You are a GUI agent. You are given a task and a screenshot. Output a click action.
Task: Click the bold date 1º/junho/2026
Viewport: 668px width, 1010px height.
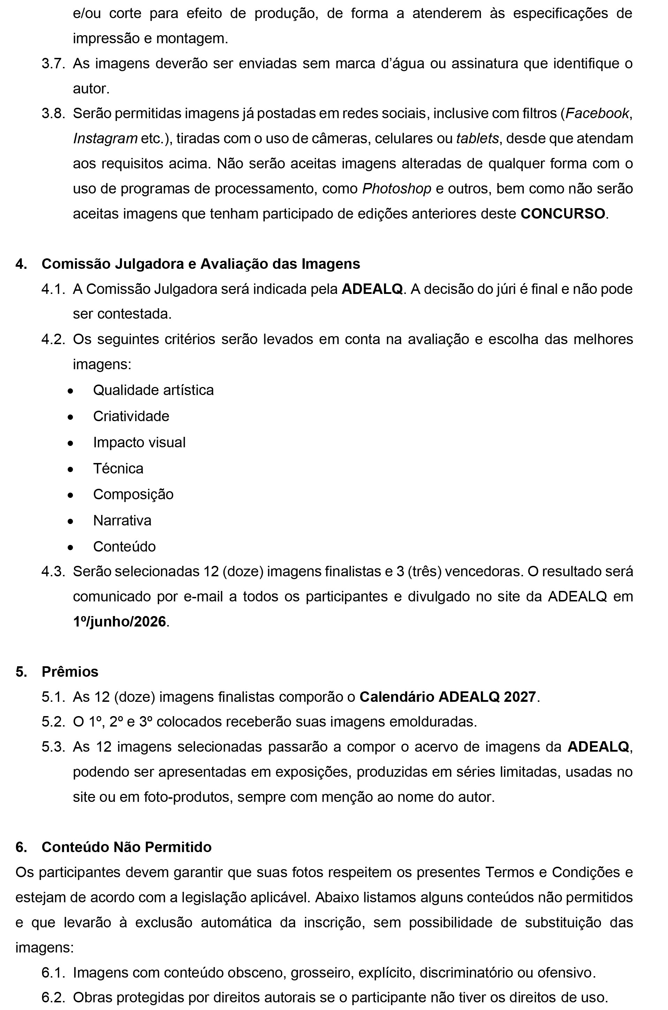pyautogui.click(x=119, y=622)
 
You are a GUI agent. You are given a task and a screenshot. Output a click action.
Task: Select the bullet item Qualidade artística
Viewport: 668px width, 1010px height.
pyautogui.click(x=153, y=390)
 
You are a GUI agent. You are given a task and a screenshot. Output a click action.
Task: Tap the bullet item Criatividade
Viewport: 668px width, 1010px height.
pyautogui.click(x=131, y=416)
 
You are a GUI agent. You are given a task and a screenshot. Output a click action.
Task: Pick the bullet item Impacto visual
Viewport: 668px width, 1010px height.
pyautogui.click(x=139, y=442)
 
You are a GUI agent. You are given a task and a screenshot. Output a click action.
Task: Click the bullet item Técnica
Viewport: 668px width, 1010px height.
pyautogui.click(x=118, y=469)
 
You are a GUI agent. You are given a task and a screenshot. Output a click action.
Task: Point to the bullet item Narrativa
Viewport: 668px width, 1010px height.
pyautogui.click(x=122, y=521)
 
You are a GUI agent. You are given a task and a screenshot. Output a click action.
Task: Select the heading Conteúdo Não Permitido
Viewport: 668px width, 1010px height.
pyautogui.click(x=127, y=847)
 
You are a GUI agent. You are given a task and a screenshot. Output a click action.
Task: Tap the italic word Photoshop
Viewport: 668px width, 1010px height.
pyautogui.click(x=396, y=189)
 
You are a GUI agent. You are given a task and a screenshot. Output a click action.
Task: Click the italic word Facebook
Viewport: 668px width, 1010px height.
pyautogui.click(x=597, y=113)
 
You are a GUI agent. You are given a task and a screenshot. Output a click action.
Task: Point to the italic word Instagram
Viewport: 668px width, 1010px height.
pyautogui.click(x=105, y=138)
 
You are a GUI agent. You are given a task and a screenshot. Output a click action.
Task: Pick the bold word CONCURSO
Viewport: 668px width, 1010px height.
pyautogui.click(x=562, y=213)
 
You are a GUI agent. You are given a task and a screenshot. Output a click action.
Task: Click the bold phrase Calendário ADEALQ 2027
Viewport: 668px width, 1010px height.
pyautogui.click(x=448, y=697)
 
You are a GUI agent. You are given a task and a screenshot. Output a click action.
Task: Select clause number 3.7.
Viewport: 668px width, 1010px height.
pyautogui.click(x=53, y=63)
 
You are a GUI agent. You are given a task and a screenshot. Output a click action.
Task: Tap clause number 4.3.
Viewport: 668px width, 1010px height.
pyautogui.click(x=53, y=571)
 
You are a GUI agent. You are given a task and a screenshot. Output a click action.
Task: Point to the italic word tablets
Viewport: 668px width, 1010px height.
pyautogui.click(x=477, y=138)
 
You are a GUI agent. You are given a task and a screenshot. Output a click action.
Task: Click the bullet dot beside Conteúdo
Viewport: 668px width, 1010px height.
pyautogui.click(x=70, y=547)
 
